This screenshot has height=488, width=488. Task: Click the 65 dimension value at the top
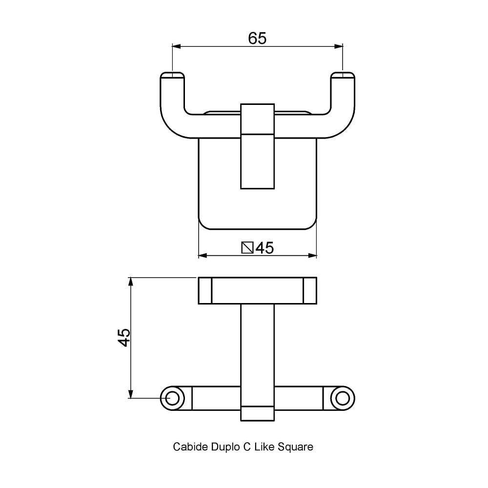coord(257,38)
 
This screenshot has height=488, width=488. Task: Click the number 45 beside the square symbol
coord(264,248)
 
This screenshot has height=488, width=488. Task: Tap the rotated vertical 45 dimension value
coord(124,337)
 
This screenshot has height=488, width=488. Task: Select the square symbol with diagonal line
coord(247,248)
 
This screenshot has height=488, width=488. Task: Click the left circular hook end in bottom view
coord(172,398)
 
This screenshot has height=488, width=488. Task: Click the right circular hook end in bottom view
coord(343,398)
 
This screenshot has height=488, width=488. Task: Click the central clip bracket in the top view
coord(257,146)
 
